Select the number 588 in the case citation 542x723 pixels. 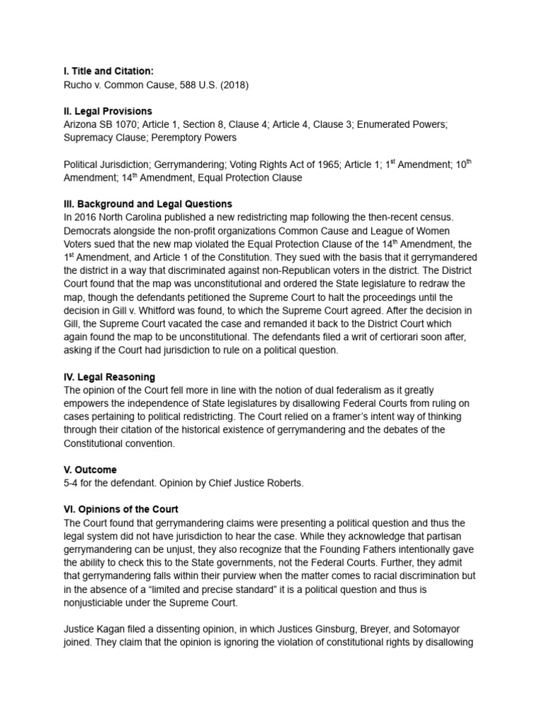[183, 84]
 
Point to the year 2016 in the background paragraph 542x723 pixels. [87, 217]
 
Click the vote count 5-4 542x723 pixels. [72, 483]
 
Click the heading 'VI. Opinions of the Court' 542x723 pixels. [121, 509]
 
